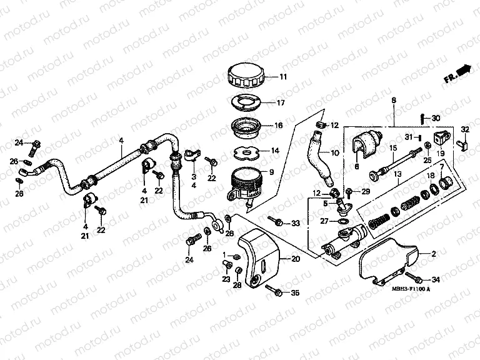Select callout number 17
pos(281,102)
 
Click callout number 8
pos(393,100)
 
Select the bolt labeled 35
pos(273,289)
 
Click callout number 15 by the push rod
pos(393,148)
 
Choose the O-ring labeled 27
pos(343,221)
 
